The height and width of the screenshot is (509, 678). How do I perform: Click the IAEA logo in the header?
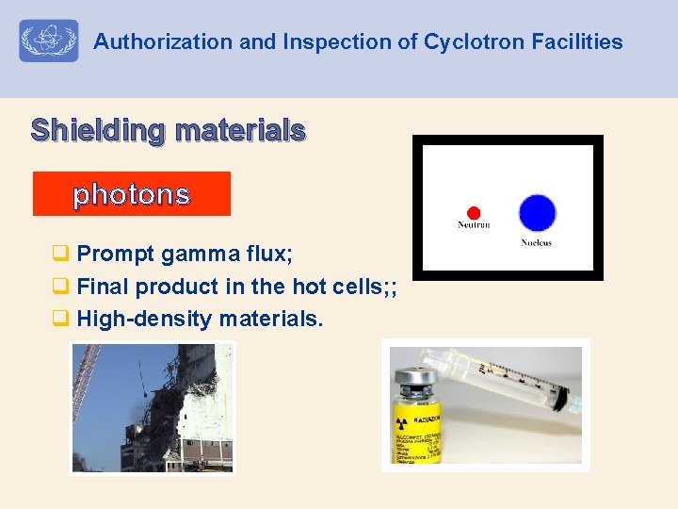coord(48,41)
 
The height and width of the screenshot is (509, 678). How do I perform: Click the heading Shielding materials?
coord(168,129)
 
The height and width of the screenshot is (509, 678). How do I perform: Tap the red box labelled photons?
coord(132,194)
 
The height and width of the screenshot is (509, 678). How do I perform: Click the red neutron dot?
coord(474,212)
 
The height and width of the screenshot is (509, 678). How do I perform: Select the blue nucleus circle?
coord(537,213)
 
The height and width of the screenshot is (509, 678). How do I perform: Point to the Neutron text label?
coord(474,225)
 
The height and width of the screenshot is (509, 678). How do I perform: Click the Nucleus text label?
coord(536,243)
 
